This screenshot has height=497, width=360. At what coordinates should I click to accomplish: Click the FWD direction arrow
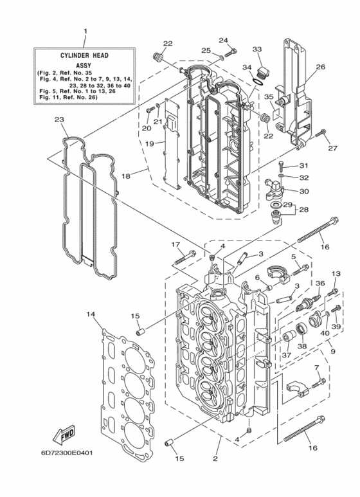pyautogui.click(x=63, y=438)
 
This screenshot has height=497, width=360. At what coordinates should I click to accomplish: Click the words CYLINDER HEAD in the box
pyautogui.click(x=84, y=55)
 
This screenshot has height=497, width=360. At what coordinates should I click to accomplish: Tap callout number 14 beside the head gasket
pyautogui.click(x=91, y=314)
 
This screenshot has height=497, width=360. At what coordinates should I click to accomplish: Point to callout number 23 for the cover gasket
pyautogui.click(x=59, y=120)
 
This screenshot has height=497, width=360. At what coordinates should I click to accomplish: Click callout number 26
pyautogui.click(x=320, y=66)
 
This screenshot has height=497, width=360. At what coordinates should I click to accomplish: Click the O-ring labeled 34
pyautogui.click(x=258, y=80)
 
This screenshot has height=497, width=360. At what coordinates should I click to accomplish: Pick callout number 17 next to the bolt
pyautogui.click(x=175, y=244)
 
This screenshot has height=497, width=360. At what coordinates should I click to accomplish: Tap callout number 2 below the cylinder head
pyautogui.click(x=215, y=458)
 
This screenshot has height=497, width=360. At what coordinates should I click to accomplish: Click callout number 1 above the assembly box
pyautogui.click(x=84, y=31)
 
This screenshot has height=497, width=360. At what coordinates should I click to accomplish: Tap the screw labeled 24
pyautogui.click(x=232, y=50)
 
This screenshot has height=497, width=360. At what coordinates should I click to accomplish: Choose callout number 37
pyautogui.click(x=285, y=354)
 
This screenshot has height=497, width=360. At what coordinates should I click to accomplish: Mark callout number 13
pyautogui.click(x=335, y=275)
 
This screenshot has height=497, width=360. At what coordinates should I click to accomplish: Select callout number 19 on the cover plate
pyautogui.click(x=148, y=144)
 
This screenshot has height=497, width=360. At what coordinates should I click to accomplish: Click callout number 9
pyautogui.click(x=332, y=351)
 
